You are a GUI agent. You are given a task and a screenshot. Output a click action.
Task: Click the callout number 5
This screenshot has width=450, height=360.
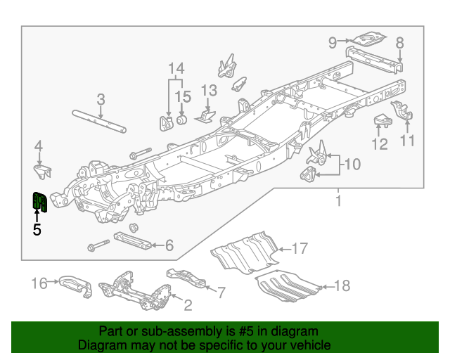pos(37,229)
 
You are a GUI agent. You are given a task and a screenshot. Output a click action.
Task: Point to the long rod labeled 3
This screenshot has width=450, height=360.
pos(99,120)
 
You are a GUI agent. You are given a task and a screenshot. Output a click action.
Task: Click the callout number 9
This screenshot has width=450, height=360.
pos(333,43)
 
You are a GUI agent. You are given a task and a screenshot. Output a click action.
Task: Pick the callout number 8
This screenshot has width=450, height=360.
pos(399,42)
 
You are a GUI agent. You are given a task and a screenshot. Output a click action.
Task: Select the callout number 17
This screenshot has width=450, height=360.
pos(300,248)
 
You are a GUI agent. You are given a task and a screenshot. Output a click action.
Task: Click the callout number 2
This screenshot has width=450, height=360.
pos(187,305)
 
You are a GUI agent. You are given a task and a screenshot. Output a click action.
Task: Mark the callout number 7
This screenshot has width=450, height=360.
pos(220,291)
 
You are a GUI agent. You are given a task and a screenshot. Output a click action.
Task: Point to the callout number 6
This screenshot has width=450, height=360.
pos(169,245)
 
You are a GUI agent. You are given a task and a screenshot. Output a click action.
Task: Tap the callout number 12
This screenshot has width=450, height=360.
pos(380,144)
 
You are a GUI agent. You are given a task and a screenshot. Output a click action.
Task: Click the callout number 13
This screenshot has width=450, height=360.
pos(210,90)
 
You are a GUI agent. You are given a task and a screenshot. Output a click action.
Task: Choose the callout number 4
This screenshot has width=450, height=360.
pos(39,146)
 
